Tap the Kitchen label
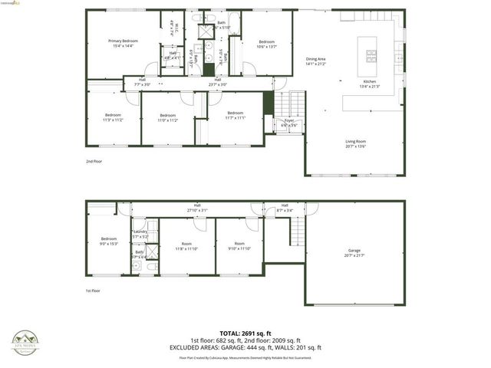coord(370,84)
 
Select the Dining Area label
coord(316,61)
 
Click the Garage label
coord(354,252)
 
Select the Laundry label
coord(140,234)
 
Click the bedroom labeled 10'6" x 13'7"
coord(266,44)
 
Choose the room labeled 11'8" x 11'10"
coord(186,246)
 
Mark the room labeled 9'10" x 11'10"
coord(239,246)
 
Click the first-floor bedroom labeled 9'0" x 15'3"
coord(108,246)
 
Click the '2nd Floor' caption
coord(94,162)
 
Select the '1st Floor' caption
coord(94,291)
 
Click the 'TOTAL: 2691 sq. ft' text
coord(245,333)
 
